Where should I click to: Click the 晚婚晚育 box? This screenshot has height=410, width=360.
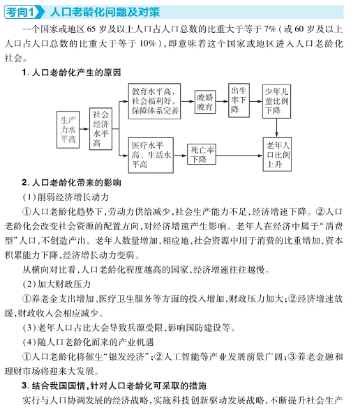pos(204,101)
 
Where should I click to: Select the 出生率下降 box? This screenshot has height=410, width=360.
pos(239,100)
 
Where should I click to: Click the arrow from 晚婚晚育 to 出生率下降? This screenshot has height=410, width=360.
pos(223,101)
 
